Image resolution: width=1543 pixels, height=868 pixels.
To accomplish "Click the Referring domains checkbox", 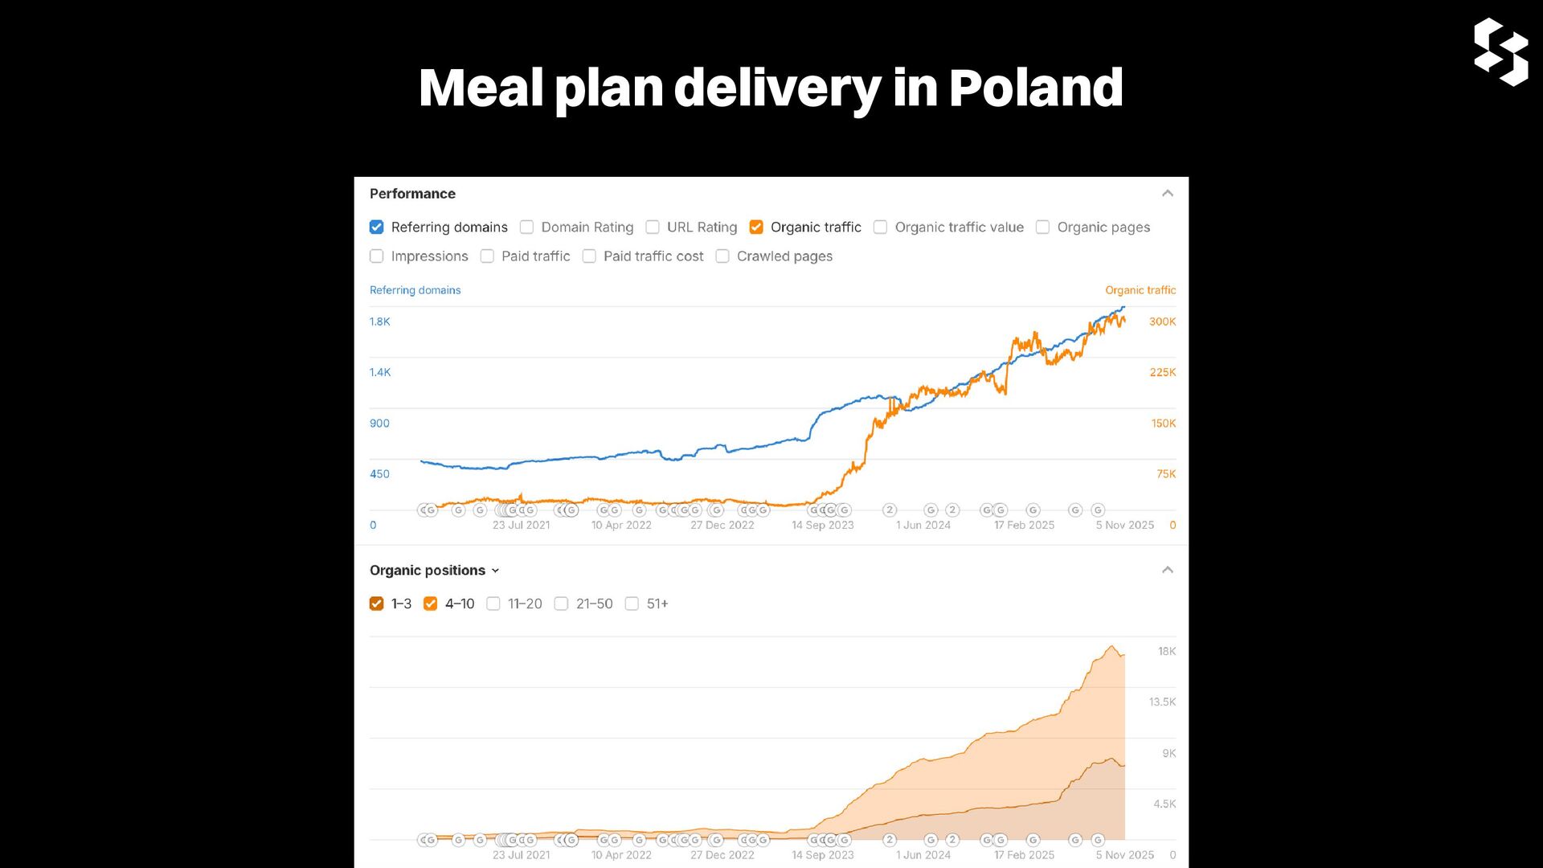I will (376, 227).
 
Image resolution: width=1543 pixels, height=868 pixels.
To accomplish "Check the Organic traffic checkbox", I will (756, 227).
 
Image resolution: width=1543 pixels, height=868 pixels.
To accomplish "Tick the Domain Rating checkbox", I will (526, 227).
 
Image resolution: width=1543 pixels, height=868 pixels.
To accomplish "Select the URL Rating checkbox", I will (653, 227).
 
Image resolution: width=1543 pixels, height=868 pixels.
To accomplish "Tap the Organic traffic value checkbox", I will (880, 227).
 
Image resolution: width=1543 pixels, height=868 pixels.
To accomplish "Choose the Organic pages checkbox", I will (1042, 227).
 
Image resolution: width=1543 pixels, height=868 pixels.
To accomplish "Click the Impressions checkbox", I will (376, 256).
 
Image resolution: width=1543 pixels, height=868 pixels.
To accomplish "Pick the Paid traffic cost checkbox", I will (589, 256).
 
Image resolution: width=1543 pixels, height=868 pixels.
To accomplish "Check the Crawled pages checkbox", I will (722, 256).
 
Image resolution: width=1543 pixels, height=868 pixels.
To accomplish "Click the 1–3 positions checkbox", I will (376, 604).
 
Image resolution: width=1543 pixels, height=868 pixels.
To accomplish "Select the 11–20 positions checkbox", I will (493, 604).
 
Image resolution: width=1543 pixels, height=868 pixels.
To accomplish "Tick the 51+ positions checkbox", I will (632, 604).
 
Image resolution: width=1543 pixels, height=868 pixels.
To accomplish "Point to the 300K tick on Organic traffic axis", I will (1162, 321).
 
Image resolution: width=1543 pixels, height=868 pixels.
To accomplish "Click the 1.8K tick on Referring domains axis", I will (380, 321).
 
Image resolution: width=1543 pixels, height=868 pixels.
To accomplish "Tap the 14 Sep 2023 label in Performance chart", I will (822, 525).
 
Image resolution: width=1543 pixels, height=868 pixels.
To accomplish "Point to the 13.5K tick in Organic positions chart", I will (1162, 702).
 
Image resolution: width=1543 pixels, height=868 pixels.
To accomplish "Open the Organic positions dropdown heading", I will (434, 571).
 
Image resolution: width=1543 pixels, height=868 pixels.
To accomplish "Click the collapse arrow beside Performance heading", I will (1168, 194).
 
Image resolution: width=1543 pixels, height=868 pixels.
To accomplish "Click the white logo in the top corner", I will (1500, 51).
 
